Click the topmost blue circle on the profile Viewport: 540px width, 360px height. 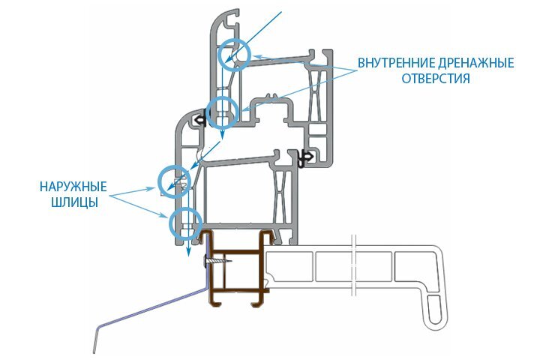(232, 54)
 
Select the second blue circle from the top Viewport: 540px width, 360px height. (223, 112)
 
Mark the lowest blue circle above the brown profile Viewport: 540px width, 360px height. (185, 223)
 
